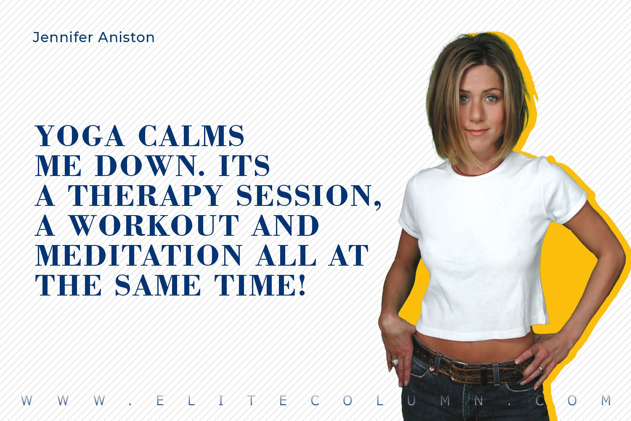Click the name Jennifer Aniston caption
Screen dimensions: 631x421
point(93,37)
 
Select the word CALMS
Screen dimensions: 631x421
point(191,136)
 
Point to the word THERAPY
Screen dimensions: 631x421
point(146,195)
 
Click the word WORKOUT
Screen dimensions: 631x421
point(154,225)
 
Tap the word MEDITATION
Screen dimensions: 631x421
point(138,255)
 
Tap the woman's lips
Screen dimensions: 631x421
point(478,132)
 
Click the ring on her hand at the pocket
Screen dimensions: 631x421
point(395,362)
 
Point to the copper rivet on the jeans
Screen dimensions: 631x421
point(431,369)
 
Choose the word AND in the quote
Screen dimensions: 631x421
point(285,225)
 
